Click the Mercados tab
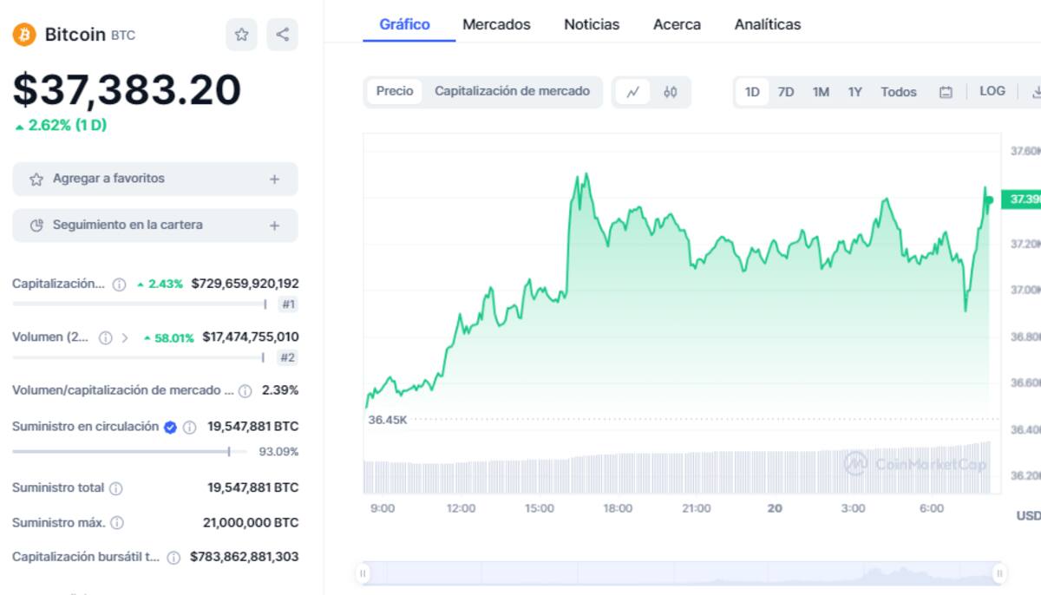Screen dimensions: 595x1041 click(496, 24)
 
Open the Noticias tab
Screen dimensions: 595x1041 click(592, 24)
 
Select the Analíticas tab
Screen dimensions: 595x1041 click(767, 24)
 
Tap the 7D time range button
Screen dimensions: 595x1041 click(786, 92)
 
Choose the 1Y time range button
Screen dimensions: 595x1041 click(854, 92)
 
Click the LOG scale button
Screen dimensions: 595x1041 click(992, 91)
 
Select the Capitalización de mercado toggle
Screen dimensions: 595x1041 click(512, 91)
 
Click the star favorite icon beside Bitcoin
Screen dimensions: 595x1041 click(241, 35)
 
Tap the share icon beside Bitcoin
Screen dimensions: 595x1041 click(282, 35)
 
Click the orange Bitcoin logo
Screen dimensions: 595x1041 click(23, 35)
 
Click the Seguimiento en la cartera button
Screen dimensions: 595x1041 click(154, 226)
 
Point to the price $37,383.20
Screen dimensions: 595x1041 click(127, 89)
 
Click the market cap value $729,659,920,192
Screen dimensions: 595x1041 click(245, 284)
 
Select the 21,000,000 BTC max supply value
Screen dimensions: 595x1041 click(250, 523)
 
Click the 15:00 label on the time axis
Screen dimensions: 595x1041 click(539, 508)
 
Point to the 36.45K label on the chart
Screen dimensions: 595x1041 click(387, 420)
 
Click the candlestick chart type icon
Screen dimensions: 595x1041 click(670, 92)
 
